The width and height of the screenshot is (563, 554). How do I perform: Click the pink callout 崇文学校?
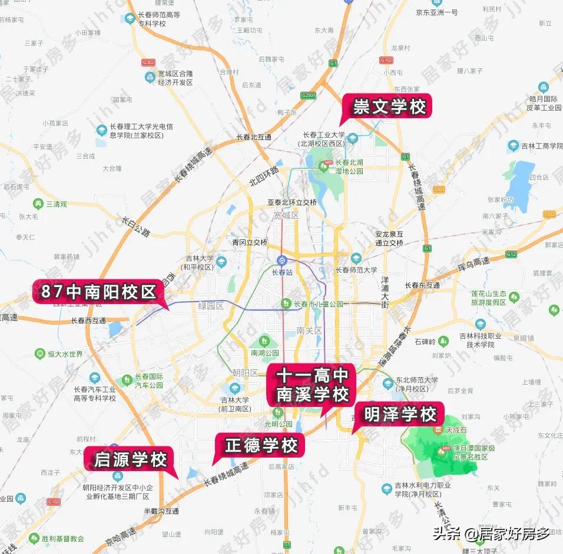(389, 107)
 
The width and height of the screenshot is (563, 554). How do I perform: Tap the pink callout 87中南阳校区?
(98, 292)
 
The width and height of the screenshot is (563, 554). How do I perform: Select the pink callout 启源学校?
(131, 459)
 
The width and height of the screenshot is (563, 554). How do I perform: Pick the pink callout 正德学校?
(261, 446)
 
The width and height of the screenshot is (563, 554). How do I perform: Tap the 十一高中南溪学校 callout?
(313, 385)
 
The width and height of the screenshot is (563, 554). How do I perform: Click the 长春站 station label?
(282, 272)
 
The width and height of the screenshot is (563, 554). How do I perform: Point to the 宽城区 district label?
(286, 216)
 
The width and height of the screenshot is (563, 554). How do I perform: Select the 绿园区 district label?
(211, 306)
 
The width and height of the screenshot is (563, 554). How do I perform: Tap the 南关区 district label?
(309, 331)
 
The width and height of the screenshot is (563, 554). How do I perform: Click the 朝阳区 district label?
(245, 373)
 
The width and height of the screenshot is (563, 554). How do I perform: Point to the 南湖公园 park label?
(264, 353)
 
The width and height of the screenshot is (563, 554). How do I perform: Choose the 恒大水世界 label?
(65, 354)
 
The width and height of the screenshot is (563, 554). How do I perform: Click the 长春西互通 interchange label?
(88, 321)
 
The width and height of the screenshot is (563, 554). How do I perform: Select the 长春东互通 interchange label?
(422, 285)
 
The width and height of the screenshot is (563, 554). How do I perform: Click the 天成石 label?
(456, 430)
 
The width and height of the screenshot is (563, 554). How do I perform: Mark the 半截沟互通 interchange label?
(161, 512)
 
